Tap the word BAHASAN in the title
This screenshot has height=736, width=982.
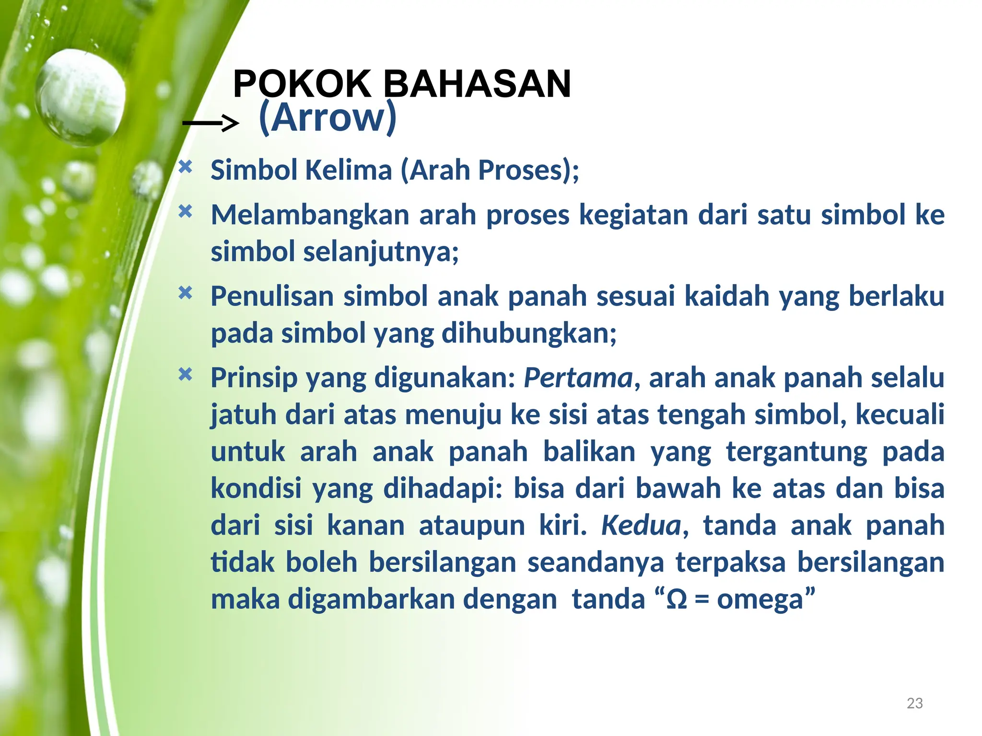(x=477, y=84)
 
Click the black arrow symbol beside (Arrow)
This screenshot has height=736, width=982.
(x=210, y=123)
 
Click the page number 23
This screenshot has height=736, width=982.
(x=915, y=703)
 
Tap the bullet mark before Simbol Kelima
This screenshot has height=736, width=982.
(x=185, y=167)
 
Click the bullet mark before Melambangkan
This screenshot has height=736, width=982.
(x=185, y=211)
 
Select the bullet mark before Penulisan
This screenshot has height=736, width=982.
(x=185, y=293)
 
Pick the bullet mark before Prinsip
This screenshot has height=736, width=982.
(x=185, y=374)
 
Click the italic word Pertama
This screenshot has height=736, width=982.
(x=578, y=378)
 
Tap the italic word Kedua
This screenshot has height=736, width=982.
(x=641, y=525)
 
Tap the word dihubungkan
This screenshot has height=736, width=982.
(x=528, y=333)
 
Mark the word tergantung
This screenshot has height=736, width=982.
(x=796, y=452)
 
